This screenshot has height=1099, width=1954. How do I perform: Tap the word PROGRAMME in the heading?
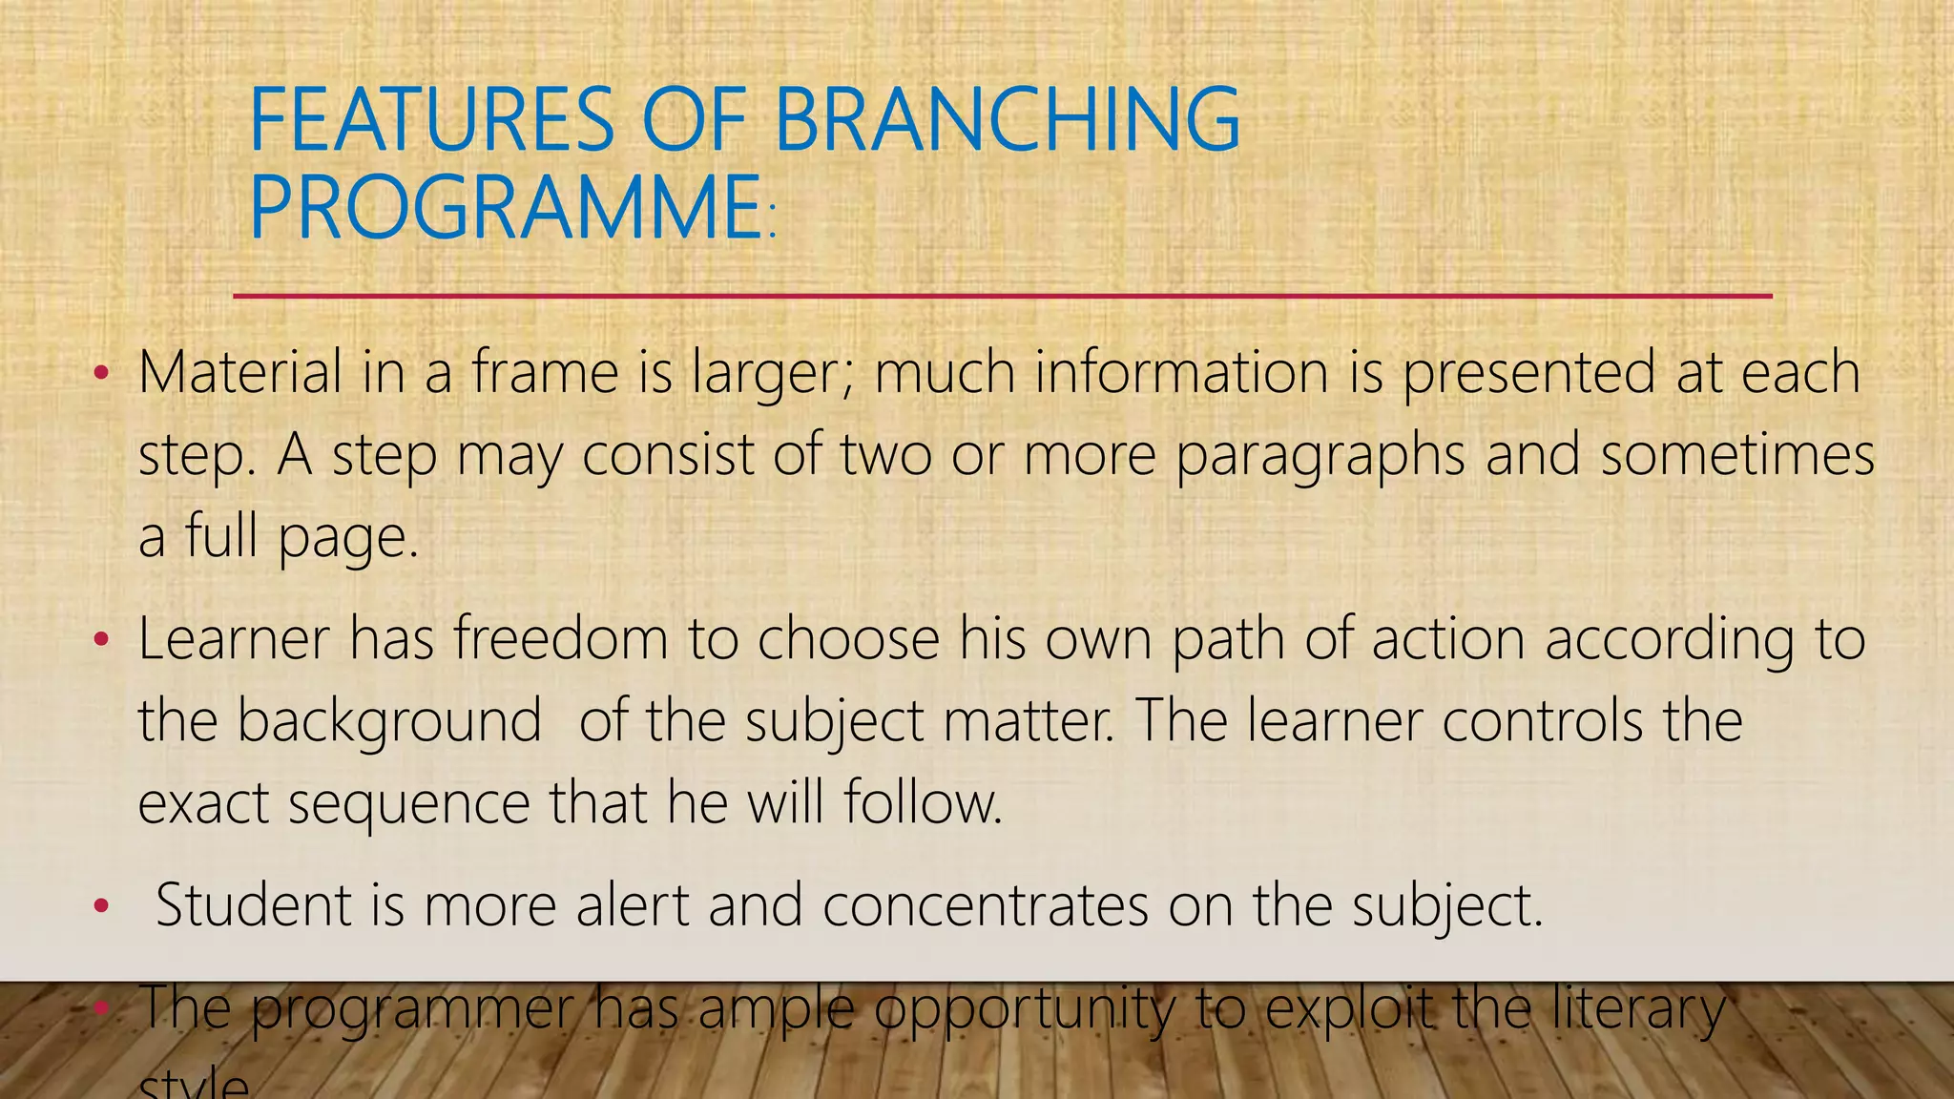coord(506,208)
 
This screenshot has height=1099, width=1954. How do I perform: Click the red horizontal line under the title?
coord(1002,296)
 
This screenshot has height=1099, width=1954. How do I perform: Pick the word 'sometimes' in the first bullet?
coord(1736,454)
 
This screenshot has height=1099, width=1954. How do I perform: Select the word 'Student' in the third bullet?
coord(254,904)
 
